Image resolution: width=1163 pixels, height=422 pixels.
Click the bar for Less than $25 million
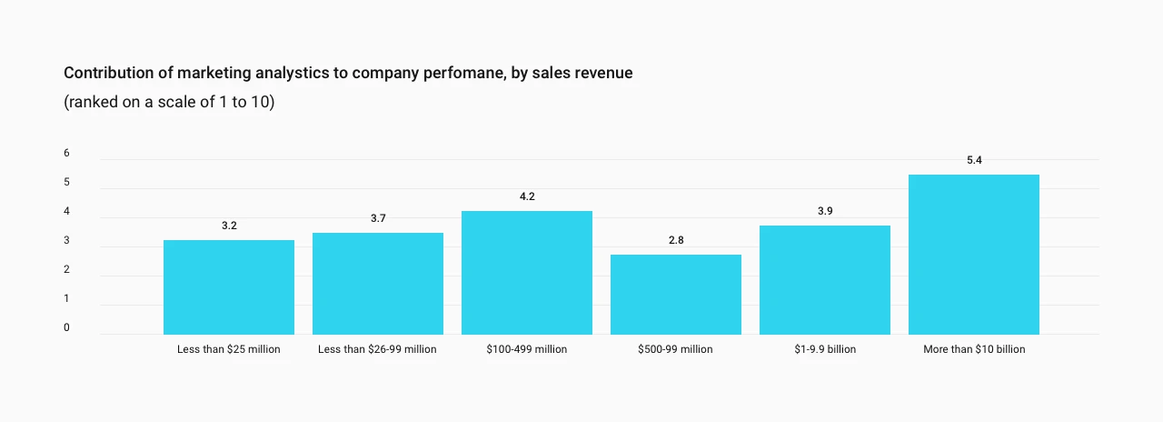tap(229, 286)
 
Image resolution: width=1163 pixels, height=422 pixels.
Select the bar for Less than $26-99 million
tap(378, 283)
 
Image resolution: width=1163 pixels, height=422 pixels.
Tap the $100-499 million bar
tap(527, 272)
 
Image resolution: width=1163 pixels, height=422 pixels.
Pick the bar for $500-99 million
tap(676, 294)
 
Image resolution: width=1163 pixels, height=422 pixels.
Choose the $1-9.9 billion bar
tap(825, 279)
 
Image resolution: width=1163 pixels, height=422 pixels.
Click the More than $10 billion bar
tap(974, 254)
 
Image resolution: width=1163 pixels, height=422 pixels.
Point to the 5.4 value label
tap(974, 160)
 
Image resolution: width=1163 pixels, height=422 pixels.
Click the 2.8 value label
tap(676, 240)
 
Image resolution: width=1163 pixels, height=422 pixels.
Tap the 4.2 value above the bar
tap(527, 196)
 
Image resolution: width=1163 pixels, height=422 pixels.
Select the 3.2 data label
tap(229, 226)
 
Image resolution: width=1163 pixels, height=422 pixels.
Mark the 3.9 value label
tap(825, 211)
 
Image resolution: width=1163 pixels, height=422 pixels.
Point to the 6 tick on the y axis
tap(66, 153)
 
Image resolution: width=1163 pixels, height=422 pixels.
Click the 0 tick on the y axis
tap(66, 327)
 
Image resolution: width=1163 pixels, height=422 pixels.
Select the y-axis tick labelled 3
tap(66, 240)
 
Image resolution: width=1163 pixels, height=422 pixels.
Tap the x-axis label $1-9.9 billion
tap(825, 349)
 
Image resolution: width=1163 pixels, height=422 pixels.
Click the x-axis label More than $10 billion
tap(974, 349)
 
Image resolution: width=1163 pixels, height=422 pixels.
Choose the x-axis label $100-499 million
tap(526, 349)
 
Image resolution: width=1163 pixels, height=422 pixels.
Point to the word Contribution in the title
tap(108, 73)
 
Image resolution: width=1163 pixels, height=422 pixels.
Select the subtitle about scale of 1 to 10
tap(169, 102)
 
